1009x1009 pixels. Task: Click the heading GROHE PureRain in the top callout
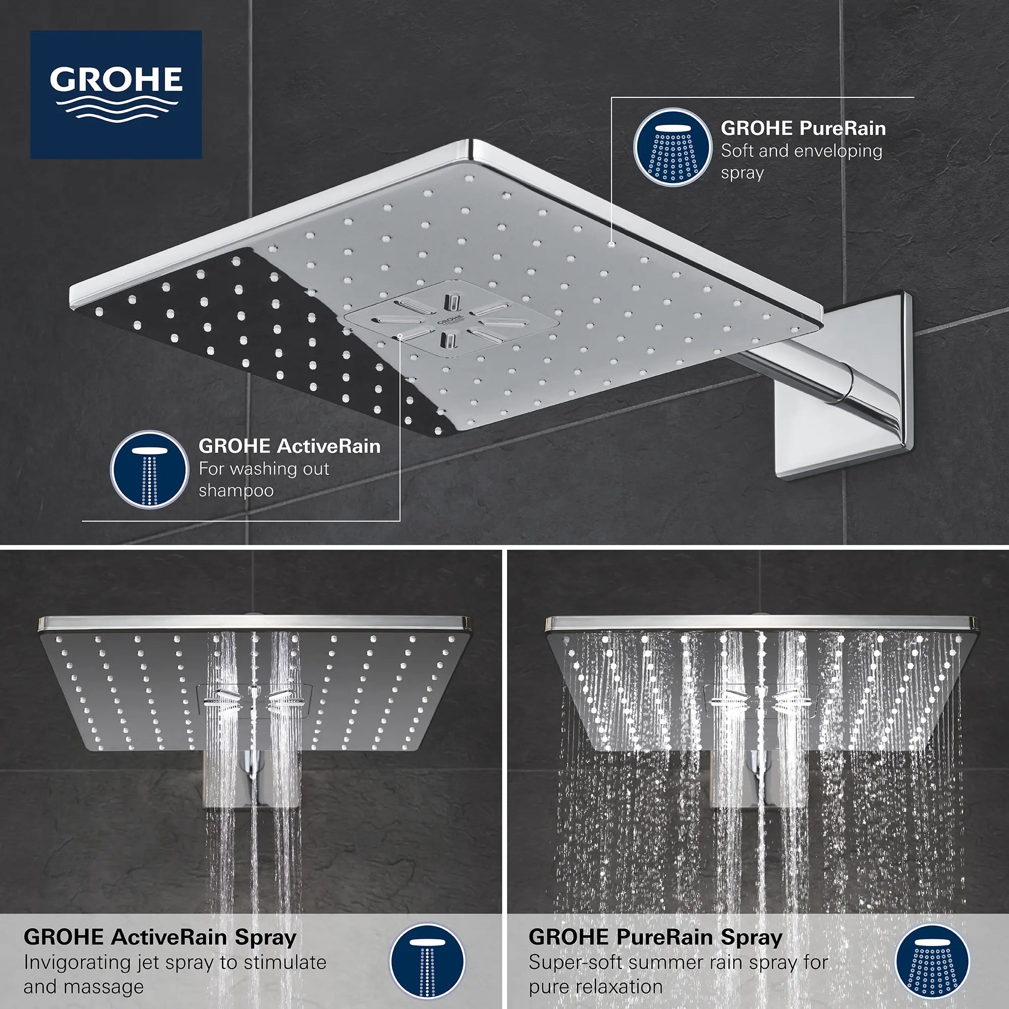coord(803,129)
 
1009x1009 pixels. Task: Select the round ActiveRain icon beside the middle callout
coord(149,469)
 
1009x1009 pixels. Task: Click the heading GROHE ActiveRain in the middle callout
coord(289,446)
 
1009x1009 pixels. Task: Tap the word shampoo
coord(236,490)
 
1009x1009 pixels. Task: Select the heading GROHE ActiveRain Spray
coord(160,937)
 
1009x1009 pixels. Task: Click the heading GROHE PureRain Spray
coord(655,937)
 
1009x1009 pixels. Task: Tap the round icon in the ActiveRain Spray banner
coord(427,962)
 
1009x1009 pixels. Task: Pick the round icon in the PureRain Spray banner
coord(932,962)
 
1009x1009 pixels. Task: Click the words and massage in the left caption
coord(84,986)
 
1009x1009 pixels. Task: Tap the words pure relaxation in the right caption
coord(595,986)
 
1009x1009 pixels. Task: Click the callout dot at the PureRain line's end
coord(611,243)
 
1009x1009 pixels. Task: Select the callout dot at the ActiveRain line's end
coord(400,337)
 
